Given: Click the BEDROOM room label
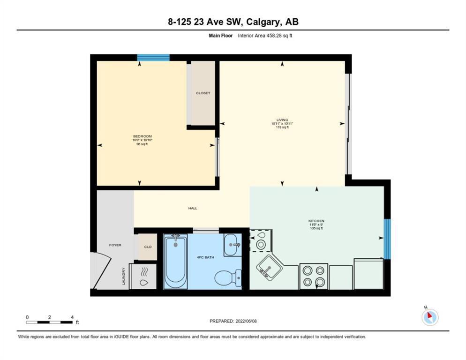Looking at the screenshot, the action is (143, 136).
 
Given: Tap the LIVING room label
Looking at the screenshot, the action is (282, 120).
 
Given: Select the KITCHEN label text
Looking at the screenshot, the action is (316, 221).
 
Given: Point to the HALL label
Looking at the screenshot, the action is (193, 208).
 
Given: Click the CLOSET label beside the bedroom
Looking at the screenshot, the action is (203, 93).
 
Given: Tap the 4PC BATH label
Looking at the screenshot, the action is (205, 257).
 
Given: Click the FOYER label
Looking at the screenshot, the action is (115, 245).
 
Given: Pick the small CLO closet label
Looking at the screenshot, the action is (148, 247).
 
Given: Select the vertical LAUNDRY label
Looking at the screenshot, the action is (123, 276).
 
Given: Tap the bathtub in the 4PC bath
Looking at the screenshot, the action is (176, 261).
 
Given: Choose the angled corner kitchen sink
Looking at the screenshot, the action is (269, 268).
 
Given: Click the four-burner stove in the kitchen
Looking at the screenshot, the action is (314, 276).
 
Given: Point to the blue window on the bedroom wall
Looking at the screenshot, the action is (153, 58).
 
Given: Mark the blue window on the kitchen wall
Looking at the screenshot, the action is (387, 239).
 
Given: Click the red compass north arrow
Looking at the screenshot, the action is (429, 315).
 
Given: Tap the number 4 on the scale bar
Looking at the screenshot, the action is (72, 317).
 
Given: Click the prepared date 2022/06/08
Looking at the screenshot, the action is (246, 321).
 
